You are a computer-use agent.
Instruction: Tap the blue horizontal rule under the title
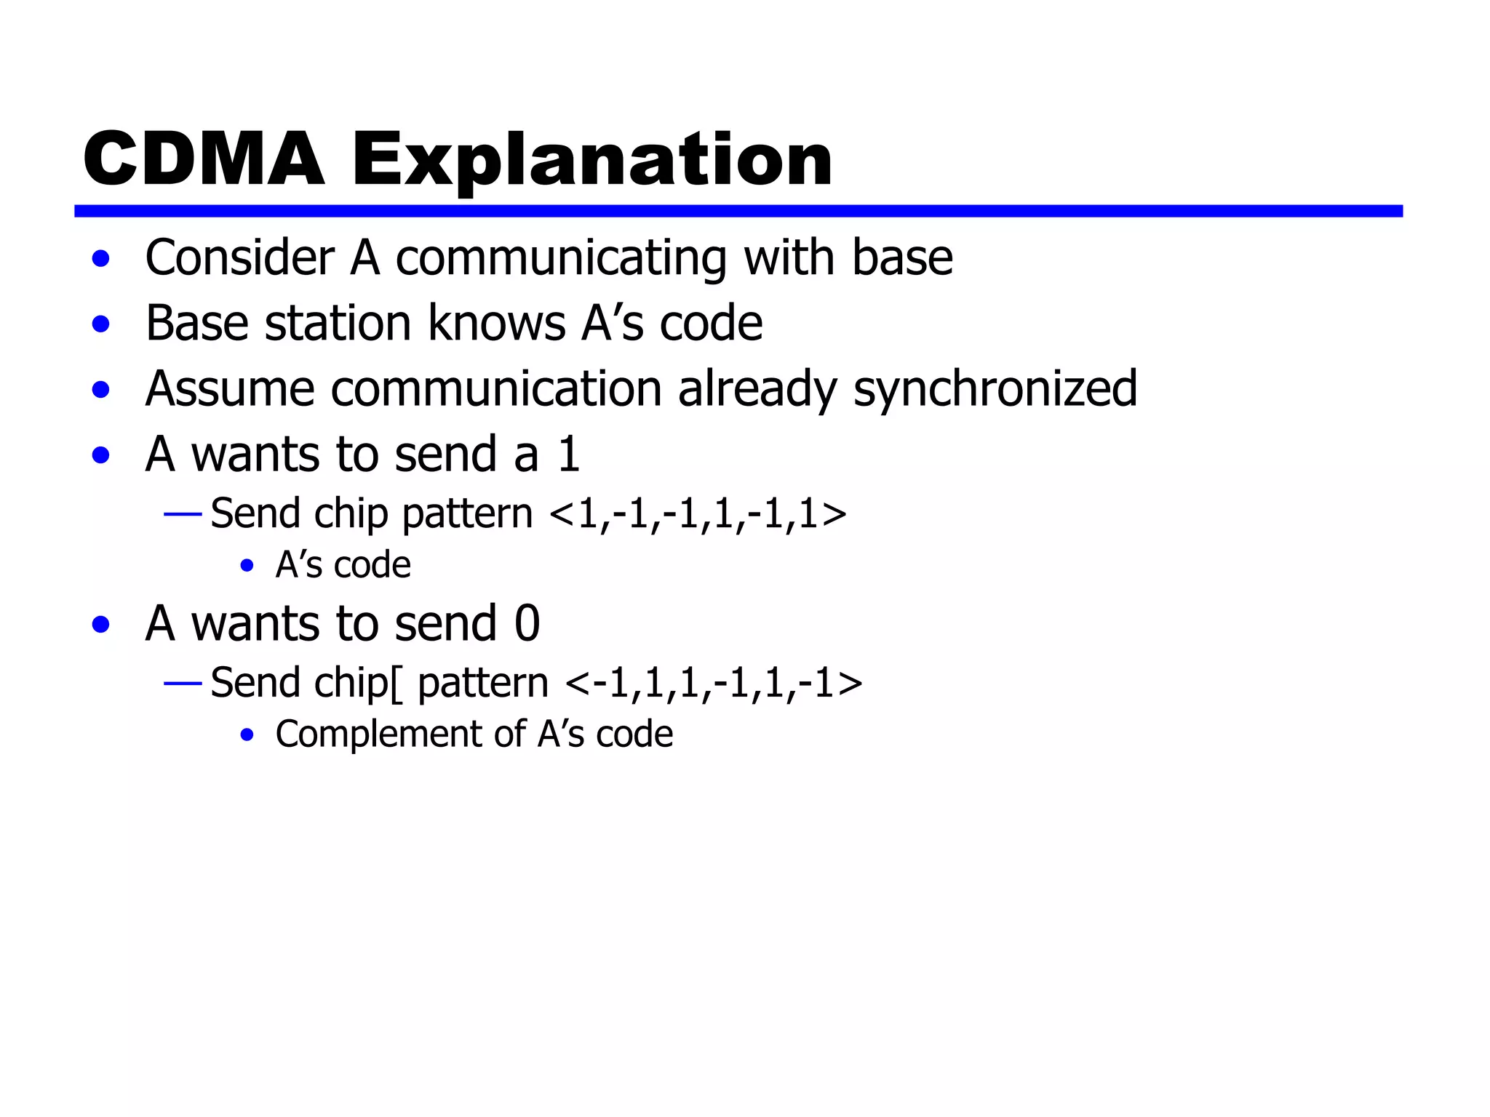click(x=738, y=211)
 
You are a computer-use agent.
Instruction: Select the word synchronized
click(x=995, y=389)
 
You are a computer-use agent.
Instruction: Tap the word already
click(x=757, y=389)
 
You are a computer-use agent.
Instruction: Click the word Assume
click(x=230, y=389)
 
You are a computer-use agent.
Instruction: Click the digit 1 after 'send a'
click(x=568, y=455)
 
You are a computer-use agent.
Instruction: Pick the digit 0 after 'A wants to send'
click(x=527, y=624)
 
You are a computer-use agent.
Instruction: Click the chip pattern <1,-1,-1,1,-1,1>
click(x=698, y=514)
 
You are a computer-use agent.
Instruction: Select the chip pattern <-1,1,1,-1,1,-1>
click(x=713, y=684)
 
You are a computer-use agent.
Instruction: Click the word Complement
click(x=378, y=734)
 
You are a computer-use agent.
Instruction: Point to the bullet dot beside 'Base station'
click(x=101, y=324)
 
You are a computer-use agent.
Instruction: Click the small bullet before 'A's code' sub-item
click(x=247, y=566)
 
